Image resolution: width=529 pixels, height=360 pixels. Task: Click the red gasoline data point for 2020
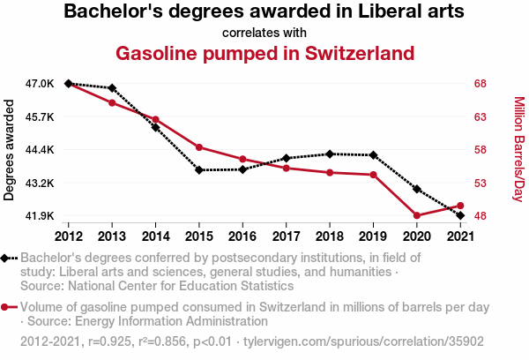416,215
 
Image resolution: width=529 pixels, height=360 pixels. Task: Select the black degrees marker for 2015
199,169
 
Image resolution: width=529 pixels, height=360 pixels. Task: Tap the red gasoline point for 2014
155,119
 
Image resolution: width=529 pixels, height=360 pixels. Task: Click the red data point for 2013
112,103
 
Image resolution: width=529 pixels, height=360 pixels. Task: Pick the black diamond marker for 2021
460,215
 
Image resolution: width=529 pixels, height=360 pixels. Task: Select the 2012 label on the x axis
68,236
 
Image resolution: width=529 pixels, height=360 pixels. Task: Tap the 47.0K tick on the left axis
40,84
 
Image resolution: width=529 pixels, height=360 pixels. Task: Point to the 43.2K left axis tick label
40,183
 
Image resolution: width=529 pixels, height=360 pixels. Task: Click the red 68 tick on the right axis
481,84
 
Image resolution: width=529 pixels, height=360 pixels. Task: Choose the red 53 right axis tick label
481,183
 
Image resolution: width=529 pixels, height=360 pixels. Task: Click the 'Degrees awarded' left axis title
10,150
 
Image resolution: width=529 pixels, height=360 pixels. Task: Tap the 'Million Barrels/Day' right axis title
518,150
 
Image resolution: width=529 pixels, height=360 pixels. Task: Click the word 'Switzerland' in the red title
354,53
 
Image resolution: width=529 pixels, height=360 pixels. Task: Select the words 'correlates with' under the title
264,33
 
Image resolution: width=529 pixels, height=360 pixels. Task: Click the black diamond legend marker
6,258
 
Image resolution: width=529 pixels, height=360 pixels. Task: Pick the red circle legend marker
6,307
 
